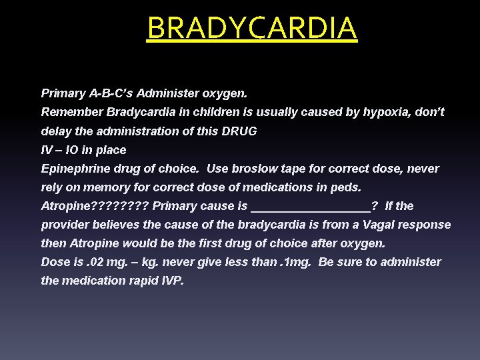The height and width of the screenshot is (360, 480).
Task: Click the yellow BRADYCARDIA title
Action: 252,28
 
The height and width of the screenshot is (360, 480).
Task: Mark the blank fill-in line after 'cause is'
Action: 310,207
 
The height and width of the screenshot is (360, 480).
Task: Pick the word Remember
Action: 67,113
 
